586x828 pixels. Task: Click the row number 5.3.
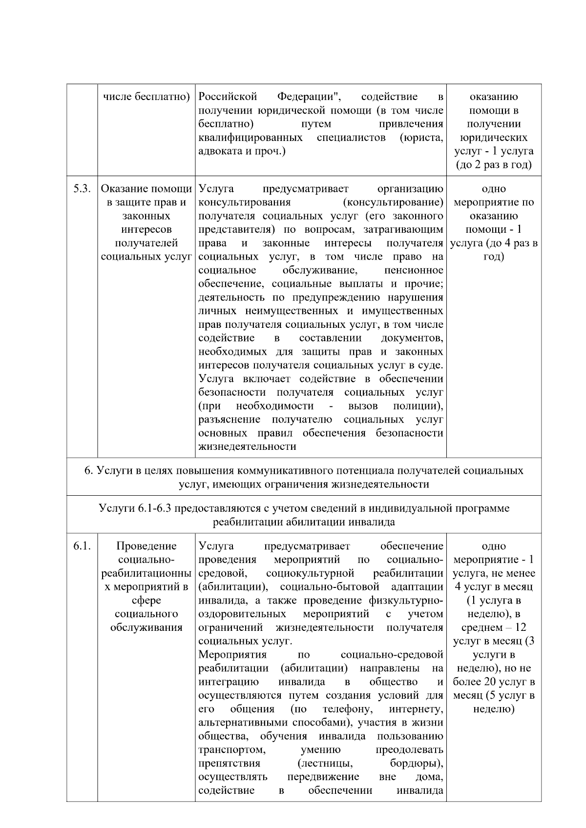(82, 189)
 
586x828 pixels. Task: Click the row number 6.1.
(82, 546)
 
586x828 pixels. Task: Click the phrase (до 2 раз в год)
(494, 165)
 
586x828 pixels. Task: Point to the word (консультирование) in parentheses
(393, 202)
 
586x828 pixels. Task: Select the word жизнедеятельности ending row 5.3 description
(247, 447)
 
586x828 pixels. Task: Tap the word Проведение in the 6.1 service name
(146, 546)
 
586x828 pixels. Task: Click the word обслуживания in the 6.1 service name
(146, 628)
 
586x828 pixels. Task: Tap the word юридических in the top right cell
(494, 138)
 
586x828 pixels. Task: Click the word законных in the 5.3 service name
(146, 216)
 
